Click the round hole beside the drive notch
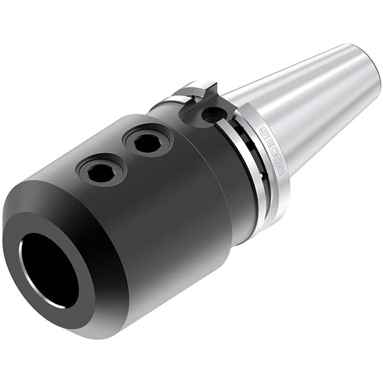pos(211,115)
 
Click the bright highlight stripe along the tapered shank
pos(300,89)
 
